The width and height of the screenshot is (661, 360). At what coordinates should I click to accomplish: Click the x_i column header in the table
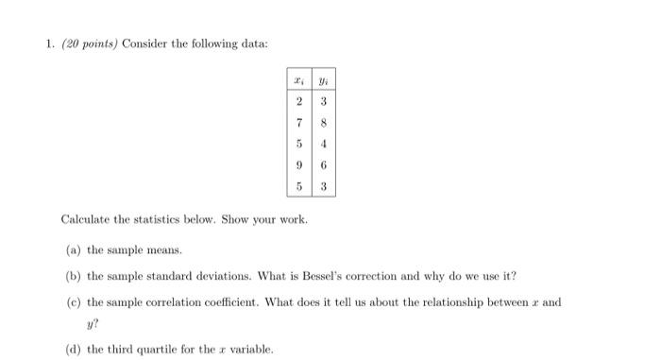pyautogui.click(x=300, y=79)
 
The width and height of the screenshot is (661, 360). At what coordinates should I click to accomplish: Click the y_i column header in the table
pyautogui.click(x=323, y=79)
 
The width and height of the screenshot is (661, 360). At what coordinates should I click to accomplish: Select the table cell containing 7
pyautogui.click(x=300, y=122)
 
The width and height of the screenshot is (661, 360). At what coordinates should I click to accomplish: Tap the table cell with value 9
pyautogui.click(x=300, y=164)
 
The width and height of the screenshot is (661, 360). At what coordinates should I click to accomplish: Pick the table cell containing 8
pyautogui.click(x=323, y=122)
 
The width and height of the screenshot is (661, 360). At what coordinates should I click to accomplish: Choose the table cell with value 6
pyautogui.click(x=323, y=164)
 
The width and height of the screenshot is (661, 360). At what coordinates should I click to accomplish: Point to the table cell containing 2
pyautogui.click(x=300, y=100)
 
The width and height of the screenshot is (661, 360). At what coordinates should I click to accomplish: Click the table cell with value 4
pyautogui.click(x=323, y=144)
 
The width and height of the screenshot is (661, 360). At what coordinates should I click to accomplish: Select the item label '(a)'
pyautogui.click(x=73, y=250)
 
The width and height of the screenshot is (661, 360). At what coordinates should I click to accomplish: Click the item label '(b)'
pyautogui.click(x=73, y=276)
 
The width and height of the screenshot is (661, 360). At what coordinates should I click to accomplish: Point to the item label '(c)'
pyautogui.click(x=73, y=302)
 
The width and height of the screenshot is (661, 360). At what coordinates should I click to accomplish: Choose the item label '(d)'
pyautogui.click(x=73, y=349)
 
